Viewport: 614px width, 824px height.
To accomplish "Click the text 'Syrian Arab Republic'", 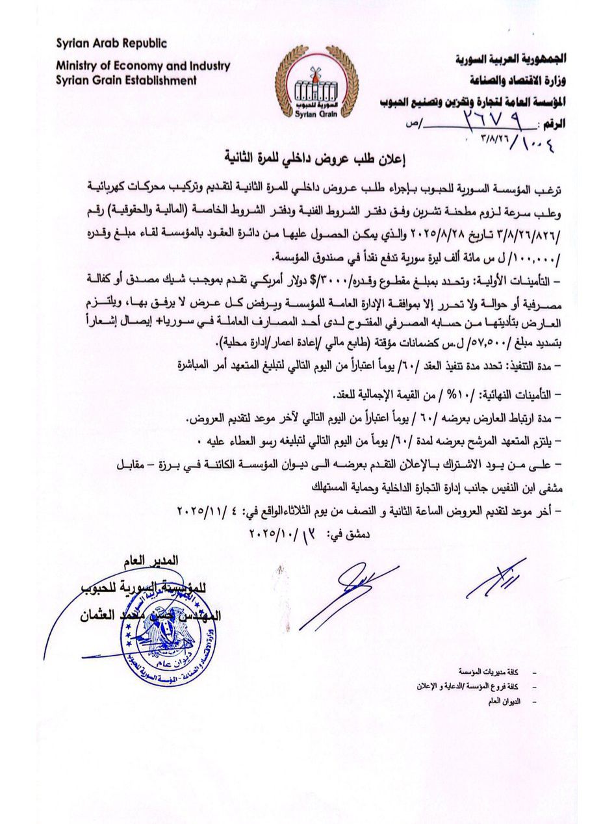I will coord(111,44).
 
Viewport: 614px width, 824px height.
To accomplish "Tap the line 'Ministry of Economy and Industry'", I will coord(143,66).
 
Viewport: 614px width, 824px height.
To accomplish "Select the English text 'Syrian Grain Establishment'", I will coord(126,81).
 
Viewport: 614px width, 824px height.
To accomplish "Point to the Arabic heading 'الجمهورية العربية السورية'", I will coord(510,59).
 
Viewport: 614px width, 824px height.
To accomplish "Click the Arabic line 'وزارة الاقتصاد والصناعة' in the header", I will coord(517,80).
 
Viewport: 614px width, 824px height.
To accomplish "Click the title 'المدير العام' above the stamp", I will coord(151,560).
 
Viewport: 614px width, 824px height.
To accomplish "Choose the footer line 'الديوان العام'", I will coord(504,701).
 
